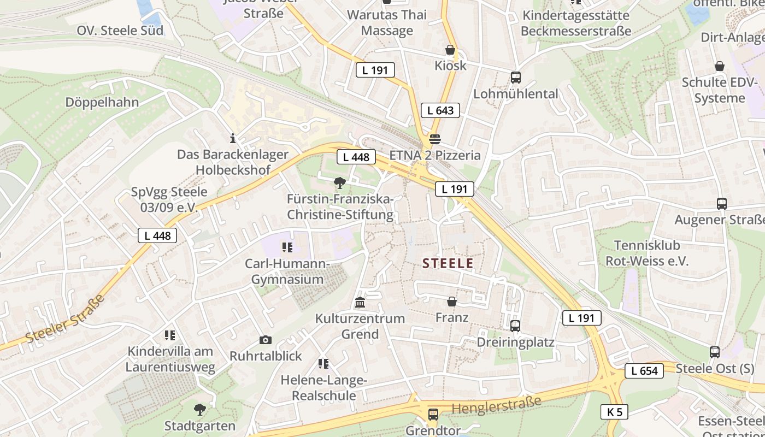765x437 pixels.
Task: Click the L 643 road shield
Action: (440, 110)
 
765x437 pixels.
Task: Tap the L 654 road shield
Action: (644, 371)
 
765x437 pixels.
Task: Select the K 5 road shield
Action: (614, 412)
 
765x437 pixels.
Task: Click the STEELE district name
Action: (448, 263)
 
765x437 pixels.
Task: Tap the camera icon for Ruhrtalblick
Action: (266, 340)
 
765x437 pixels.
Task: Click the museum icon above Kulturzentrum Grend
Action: (360, 302)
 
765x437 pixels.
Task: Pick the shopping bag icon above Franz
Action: (452, 302)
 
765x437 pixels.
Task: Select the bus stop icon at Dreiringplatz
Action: (515, 326)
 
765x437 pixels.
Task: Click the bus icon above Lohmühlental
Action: (515, 78)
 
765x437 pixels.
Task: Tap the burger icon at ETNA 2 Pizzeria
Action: (435, 139)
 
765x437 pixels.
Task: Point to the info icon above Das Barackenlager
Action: (233, 138)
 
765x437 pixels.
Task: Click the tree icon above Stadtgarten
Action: (200, 409)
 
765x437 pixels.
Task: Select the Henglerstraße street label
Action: (496, 405)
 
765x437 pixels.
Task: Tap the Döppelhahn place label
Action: (102, 102)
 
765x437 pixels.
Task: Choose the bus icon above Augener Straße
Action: (721, 204)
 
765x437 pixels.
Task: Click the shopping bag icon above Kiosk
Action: (450, 50)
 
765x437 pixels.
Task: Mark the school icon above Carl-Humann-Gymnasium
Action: (287, 248)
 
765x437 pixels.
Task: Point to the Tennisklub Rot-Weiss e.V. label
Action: (647, 253)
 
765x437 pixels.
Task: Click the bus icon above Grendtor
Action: (433, 414)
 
